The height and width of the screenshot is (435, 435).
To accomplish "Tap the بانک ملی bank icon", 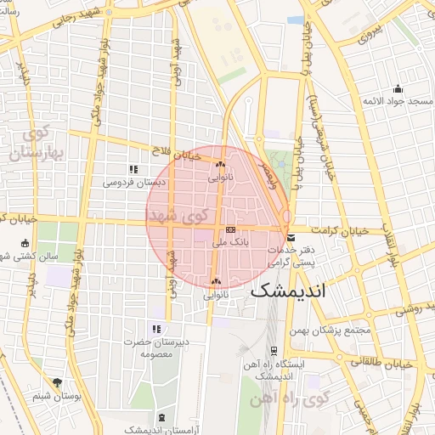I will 231,230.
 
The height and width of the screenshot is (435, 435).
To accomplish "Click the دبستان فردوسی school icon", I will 133,169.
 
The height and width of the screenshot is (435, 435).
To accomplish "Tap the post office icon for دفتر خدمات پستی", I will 291,238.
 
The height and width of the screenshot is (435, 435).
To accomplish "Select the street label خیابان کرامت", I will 339,230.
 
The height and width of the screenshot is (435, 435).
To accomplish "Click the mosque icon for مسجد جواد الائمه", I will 398,89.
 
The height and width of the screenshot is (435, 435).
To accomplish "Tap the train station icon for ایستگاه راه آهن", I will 274,350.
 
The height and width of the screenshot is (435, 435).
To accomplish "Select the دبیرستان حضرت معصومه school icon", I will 156,329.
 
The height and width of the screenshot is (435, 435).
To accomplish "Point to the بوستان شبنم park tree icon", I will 57,383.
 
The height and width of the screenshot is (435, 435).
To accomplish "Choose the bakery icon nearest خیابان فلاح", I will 220,164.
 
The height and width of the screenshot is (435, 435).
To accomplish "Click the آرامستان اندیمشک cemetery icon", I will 162,417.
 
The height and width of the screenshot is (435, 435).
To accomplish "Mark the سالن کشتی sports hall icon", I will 24,244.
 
